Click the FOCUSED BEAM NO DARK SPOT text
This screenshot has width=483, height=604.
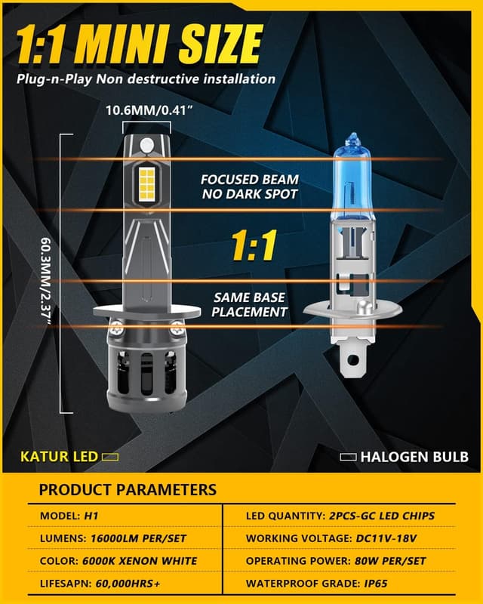[249, 186]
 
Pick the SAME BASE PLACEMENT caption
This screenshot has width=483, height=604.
[249, 305]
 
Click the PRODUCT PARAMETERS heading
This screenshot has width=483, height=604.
[128, 489]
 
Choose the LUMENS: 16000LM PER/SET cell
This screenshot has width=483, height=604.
[112, 538]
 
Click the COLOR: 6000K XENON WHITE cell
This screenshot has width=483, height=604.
[118, 561]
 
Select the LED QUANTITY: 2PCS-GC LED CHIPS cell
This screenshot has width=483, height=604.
[340, 516]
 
